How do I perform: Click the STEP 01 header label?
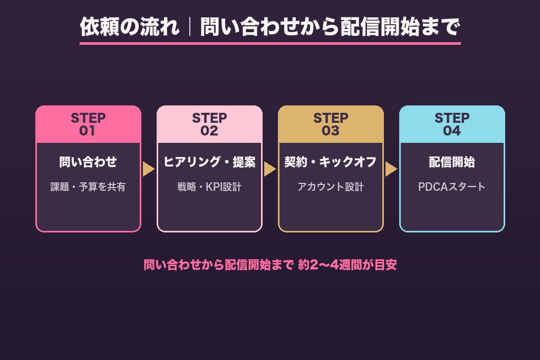pyautogui.click(x=88, y=124)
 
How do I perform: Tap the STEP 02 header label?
pyautogui.click(x=209, y=124)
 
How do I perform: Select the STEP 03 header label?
pyautogui.click(x=331, y=124)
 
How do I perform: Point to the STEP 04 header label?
pyautogui.click(x=452, y=124)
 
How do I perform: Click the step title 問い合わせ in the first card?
pyautogui.click(x=88, y=162)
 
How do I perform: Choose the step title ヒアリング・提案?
pyautogui.click(x=209, y=162)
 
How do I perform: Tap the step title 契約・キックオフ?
pyautogui.click(x=331, y=162)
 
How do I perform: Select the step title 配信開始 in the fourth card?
pyautogui.click(x=452, y=162)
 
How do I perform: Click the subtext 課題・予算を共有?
pyautogui.click(x=88, y=187)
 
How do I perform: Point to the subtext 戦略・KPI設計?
pyautogui.click(x=209, y=187)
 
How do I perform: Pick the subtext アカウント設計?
pyautogui.click(x=331, y=187)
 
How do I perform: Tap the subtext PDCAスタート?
pyautogui.click(x=452, y=187)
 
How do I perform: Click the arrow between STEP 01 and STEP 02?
pyautogui.click(x=148, y=169)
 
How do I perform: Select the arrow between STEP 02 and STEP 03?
pyautogui.click(x=269, y=169)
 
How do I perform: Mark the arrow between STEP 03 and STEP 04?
pyautogui.click(x=391, y=169)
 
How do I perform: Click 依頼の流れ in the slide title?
pyautogui.click(x=130, y=27)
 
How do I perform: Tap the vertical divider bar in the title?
pyautogui.click(x=190, y=27)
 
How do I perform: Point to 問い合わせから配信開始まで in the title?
pyautogui.click(x=330, y=27)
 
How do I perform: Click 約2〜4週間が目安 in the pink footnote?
pyautogui.click(x=348, y=265)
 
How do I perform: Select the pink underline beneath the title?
pyautogui.click(x=270, y=43)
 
